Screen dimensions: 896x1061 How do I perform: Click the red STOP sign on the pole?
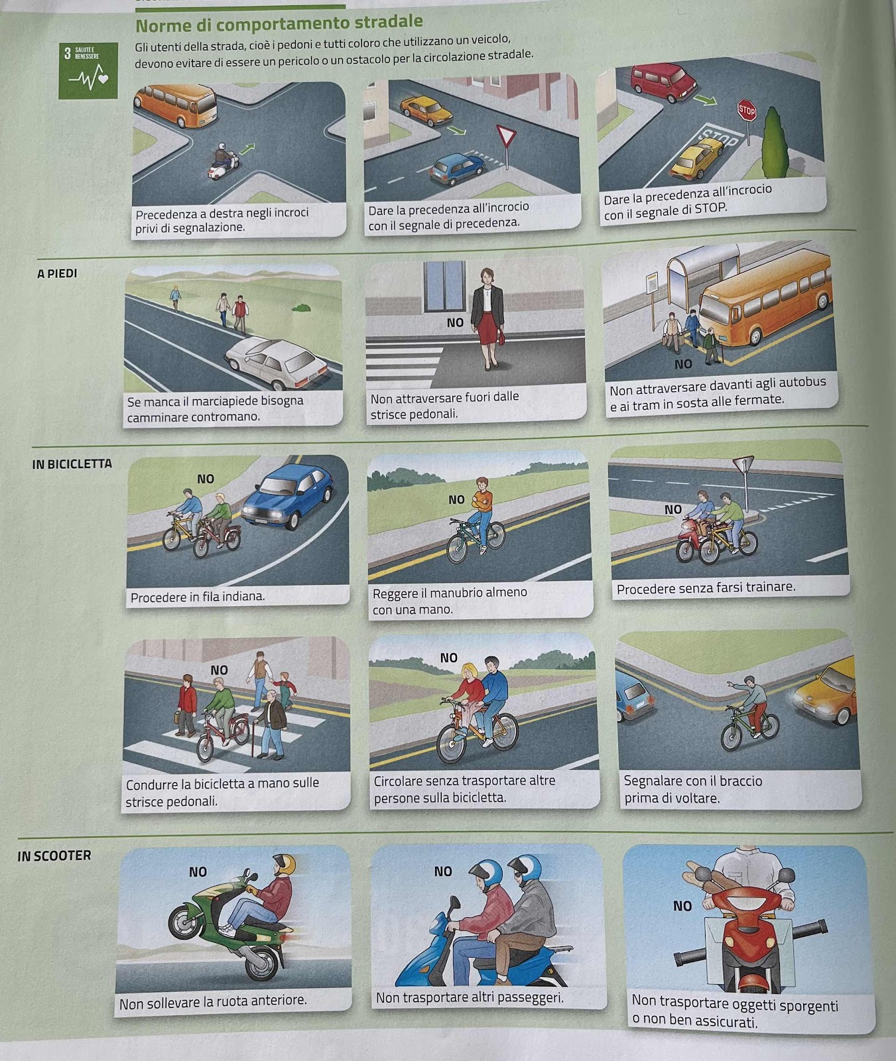pyautogui.click(x=746, y=111)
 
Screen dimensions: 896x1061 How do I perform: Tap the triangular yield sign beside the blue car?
pyautogui.click(x=507, y=138)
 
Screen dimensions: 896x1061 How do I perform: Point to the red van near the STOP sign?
pyautogui.click(x=663, y=83)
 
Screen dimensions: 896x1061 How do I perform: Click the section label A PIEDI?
pyautogui.click(x=57, y=273)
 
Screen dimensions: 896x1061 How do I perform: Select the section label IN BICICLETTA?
pyautogui.click(x=72, y=464)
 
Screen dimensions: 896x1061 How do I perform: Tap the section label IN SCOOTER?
pyautogui.click(x=54, y=855)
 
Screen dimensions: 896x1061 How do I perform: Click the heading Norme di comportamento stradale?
pyautogui.click(x=279, y=25)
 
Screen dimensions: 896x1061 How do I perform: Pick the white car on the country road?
pyautogui.click(x=276, y=363)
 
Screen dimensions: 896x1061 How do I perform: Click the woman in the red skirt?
pyautogui.click(x=487, y=318)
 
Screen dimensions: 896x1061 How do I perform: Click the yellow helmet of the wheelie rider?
pyautogui.click(x=284, y=863)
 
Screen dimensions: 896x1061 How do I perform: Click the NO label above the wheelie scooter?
pyautogui.click(x=198, y=872)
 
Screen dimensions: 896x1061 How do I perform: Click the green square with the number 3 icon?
pyautogui.click(x=88, y=70)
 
